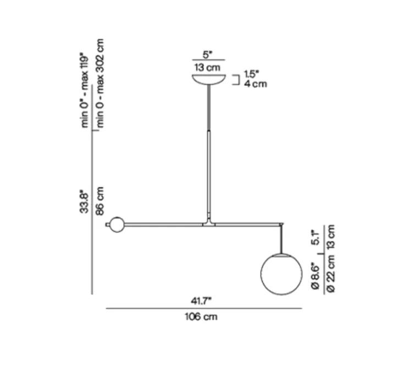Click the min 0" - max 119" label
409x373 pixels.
click(x=85, y=90)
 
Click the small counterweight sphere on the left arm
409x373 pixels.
click(x=117, y=224)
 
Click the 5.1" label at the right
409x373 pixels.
click(x=316, y=237)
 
